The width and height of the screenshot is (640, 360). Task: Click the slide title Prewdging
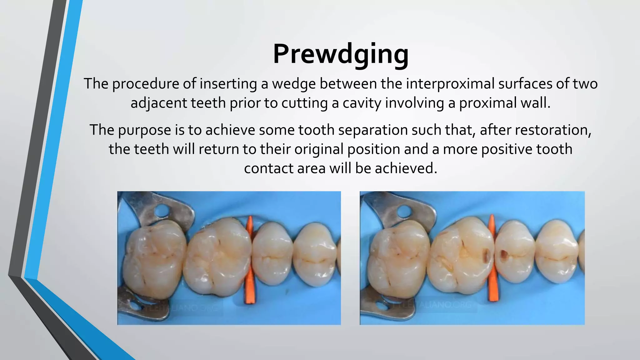pos(341,54)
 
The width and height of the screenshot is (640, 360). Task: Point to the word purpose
pos(144,130)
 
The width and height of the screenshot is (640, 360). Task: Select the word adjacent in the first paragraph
pos(159,103)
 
